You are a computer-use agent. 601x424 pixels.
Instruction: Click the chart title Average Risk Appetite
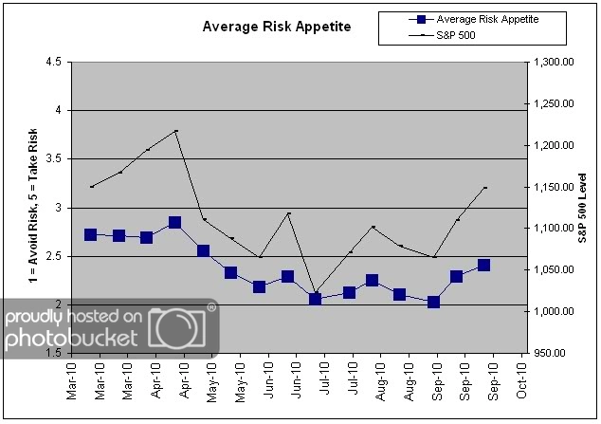tap(277, 27)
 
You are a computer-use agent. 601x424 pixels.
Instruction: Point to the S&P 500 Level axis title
tap(584, 207)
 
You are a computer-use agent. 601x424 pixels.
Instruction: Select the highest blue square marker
tap(174, 223)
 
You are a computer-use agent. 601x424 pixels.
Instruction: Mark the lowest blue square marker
tap(434, 303)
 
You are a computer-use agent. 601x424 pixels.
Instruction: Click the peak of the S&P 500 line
tap(175, 131)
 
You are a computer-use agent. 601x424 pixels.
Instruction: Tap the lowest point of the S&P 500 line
tap(315, 292)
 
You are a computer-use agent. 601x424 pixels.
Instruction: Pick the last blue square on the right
tap(483, 266)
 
